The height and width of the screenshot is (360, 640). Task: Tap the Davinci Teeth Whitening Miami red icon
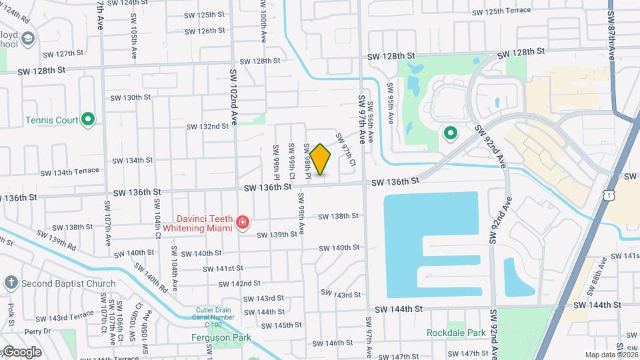click(243, 223)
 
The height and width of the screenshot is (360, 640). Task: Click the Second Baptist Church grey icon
click(11, 283)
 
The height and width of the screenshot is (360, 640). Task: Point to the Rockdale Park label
click(456, 332)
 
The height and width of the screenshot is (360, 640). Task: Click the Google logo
click(21, 352)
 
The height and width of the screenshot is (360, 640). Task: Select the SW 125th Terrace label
click(501, 11)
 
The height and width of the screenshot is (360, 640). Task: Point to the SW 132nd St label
click(207, 127)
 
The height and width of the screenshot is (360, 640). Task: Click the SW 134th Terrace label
click(69, 172)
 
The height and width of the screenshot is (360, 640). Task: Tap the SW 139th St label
click(277, 235)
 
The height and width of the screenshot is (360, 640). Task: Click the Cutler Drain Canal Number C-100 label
click(215, 317)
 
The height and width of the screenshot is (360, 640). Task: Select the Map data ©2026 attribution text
click(611, 355)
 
